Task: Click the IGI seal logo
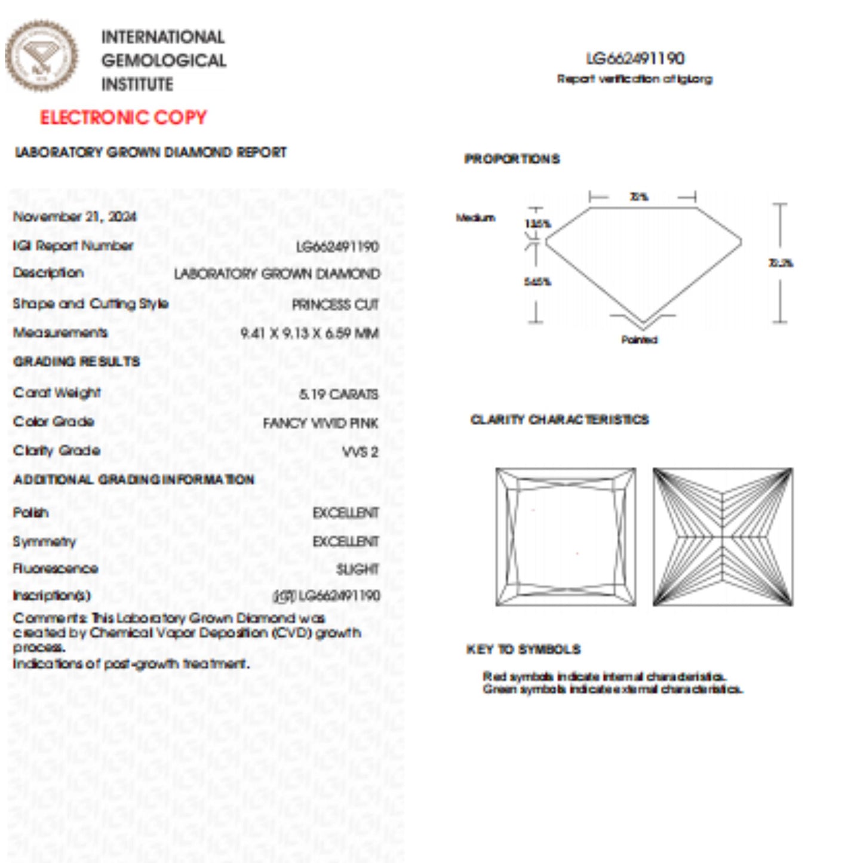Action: (41, 56)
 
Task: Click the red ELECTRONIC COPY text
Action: (123, 117)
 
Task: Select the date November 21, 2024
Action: (75, 216)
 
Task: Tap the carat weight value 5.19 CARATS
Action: (339, 394)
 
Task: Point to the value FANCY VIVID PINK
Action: (320, 423)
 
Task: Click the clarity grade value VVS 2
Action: (360, 452)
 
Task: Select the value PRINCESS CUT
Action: (335, 305)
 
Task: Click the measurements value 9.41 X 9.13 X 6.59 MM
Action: (309, 333)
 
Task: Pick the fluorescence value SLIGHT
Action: (357, 569)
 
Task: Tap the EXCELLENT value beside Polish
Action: (346, 513)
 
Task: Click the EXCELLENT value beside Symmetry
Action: (346, 541)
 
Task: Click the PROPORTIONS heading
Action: (512, 159)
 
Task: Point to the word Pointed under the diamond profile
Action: (639, 340)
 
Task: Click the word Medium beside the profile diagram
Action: (475, 217)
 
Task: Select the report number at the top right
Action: (635, 59)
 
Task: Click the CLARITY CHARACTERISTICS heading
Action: (560, 420)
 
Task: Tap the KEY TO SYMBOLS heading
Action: (523, 649)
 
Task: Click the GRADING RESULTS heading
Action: (76, 361)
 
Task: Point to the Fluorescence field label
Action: (56, 569)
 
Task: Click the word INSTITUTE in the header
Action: (137, 85)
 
